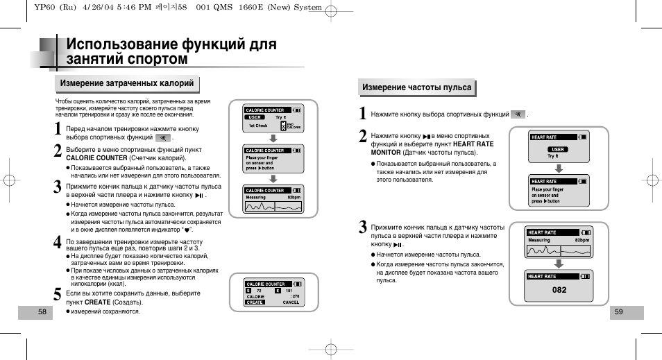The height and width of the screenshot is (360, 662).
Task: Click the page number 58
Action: pos(42,312)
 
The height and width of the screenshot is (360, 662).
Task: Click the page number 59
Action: pos(618,312)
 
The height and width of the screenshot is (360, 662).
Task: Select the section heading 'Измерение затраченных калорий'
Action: pos(126,84)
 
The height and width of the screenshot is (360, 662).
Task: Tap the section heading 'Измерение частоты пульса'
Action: pos(416,87)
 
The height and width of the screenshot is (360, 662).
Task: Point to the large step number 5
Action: pos(58,296)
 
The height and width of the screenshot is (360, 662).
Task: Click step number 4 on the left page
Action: pos(58,243)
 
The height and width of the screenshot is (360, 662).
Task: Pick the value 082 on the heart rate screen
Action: pos(559,290)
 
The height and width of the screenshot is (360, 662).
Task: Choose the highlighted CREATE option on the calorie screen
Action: pos(255,302)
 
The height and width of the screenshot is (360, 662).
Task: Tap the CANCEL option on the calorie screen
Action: pos(291,302)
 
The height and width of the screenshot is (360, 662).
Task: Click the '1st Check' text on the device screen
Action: pos(257,126)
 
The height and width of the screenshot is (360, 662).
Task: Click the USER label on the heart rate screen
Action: pos(557,149)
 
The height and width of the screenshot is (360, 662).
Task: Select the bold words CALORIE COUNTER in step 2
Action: pos(96,157)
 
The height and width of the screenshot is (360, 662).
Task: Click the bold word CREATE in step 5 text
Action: pos(98,302)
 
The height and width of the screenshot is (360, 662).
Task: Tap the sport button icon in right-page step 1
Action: pos(518,114)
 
